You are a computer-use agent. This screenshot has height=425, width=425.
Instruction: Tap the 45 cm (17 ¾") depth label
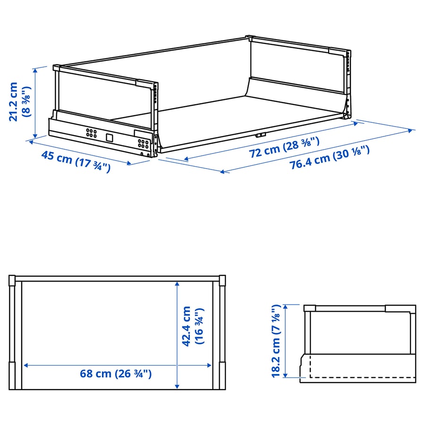[76, 161]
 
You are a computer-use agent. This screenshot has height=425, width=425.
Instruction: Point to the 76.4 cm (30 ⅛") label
[330, 158]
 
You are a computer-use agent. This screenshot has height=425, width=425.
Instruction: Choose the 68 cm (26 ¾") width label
[116, 374]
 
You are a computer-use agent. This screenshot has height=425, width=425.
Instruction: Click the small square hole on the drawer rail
[109, 138]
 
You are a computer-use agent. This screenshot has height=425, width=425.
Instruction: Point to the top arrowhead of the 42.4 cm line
[177, 284]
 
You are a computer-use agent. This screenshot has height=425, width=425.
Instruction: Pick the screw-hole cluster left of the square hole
[91, 133]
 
